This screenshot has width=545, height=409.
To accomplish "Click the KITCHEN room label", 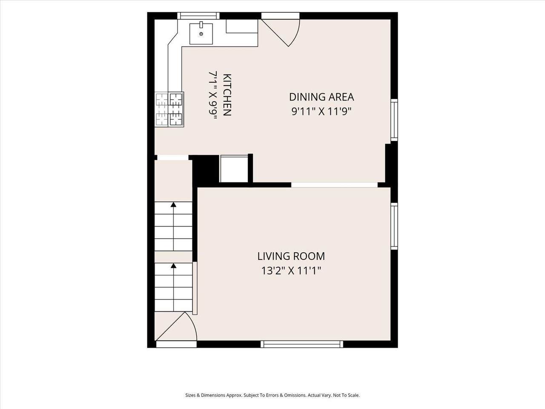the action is (x=227, y=95).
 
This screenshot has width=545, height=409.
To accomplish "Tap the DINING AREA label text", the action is (x=321, y=97).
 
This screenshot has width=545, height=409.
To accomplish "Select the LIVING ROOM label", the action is (x=291, y=256).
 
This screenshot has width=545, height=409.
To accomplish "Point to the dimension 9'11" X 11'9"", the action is (x=321, y=112).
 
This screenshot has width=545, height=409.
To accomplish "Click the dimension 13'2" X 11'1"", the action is (x=291, y=271).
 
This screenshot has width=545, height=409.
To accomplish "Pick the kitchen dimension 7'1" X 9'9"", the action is (x=213, y=95).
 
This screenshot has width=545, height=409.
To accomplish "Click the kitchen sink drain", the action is (x=201, y=34).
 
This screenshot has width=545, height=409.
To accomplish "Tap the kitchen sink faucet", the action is (x=201, y=24).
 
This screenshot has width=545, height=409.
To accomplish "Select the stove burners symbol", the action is (x=169, y=109).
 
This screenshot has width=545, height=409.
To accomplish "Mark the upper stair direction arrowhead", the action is (x=173, y=204).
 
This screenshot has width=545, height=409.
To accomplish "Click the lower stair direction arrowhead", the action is (x=173, y=266).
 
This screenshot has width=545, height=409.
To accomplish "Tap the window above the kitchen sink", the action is (x=199, y=16).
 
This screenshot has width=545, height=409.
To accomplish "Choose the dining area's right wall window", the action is (x=394, y=120).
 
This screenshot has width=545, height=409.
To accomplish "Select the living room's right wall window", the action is (x=394, y=226).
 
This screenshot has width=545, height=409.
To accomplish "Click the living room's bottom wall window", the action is (x=302, y=344).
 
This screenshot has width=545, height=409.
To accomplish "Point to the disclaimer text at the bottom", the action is (x=272, y=395).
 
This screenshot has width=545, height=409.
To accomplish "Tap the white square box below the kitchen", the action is (x=234, y=169).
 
